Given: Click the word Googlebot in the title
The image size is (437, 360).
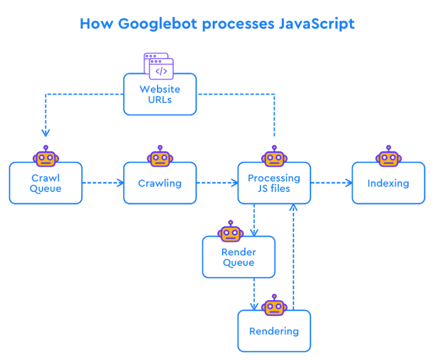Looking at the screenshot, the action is tap(158, 24).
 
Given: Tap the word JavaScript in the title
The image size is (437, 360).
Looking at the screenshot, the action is tap(317, 24).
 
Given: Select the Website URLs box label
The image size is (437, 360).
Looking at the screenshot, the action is tap(160, 94).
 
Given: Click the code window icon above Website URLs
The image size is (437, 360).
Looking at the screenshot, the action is tap(159, 66).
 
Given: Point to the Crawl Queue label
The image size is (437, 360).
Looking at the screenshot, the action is tap(45, 183).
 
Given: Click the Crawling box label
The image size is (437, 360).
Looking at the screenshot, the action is tap(160, 183).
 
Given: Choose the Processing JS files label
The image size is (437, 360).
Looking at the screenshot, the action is tap(274, 183).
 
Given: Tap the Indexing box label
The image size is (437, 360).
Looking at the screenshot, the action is tap(388, 183).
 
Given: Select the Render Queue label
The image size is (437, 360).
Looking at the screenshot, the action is tap(239, 257).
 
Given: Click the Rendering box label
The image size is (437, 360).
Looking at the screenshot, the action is tap(274, 331).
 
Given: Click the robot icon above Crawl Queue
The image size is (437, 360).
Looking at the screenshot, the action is tap(45, 156).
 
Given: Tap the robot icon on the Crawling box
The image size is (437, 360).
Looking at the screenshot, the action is tap(160, 156).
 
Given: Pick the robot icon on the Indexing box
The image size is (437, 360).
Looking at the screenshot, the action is tap(389, 156).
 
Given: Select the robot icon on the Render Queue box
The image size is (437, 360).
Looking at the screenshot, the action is tap(231, 231).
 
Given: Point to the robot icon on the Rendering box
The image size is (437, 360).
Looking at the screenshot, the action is tap(274, 305).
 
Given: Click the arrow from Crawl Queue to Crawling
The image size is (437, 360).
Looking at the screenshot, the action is tap(103, 183).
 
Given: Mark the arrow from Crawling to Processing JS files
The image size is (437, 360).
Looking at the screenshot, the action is tap(217, 183).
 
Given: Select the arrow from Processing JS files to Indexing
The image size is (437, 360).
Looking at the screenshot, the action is tap(332, 183).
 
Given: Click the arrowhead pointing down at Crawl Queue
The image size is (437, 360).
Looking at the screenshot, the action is tap(45, 133).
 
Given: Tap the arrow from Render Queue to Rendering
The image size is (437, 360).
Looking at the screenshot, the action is tap(254, 294).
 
